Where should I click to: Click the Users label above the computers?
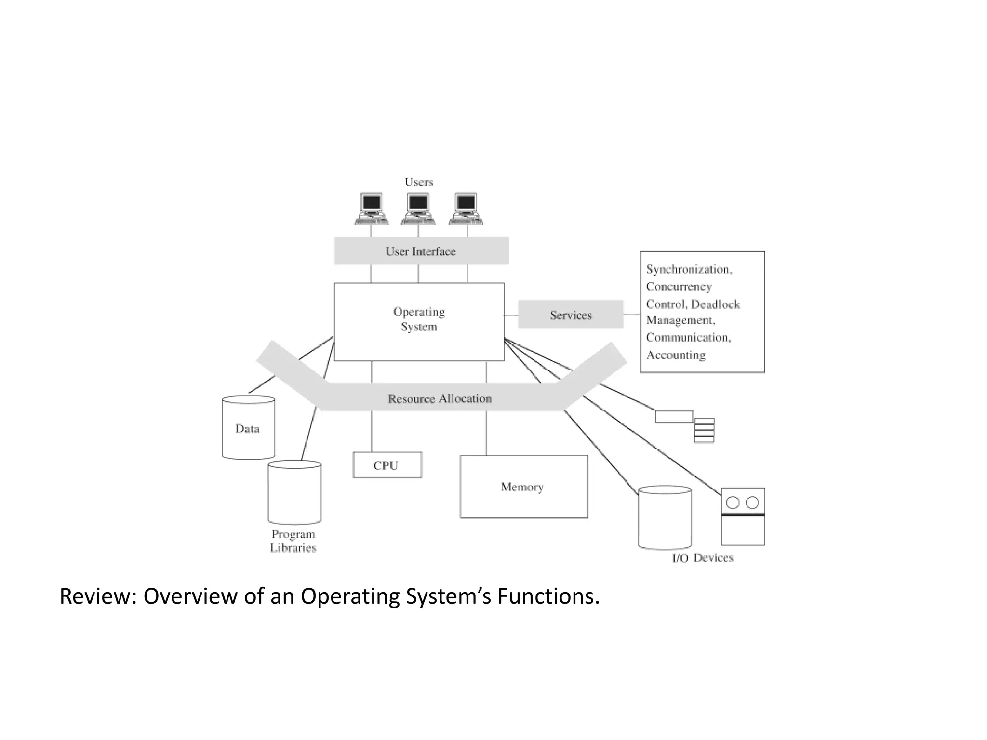pyautogui.click(x=418, y=182)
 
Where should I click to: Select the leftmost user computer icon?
pyautogui.click(x=371, y=209)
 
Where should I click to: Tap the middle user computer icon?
pyautogui.click(x=418, y=209)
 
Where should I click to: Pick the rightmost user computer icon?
pyautogui.click(x=466, y=209)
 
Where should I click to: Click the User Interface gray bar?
pyautogui.click(x=421, y=251)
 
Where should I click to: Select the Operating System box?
pyautogui.click(x=419, y=320)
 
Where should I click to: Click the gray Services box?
pyautogui.click(x=571, y=315)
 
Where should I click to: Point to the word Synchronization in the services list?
pyautogui.click(x=688, y=269)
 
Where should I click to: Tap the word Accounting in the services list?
pyautogui.click(x=676, y=355)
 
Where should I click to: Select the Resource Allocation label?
pyautogui.click(x=440, y=398)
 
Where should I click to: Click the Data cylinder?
pyautogui.click(x=248, y=428)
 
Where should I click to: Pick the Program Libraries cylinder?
pyautogui.click(x=294, y=492)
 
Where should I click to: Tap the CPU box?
pyautogui.click(x=387, y=465)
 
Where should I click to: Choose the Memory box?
pyautogui.click(x=523, y=487)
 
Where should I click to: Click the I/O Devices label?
pyautogui.click(x=702, y=558)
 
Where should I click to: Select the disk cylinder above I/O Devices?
pyautogui.click(x=665, y=518)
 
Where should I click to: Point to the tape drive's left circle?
pyautogui.click(x=733, y=503)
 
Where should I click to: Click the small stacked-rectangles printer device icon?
pyautogui.click(x=704, y=430)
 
